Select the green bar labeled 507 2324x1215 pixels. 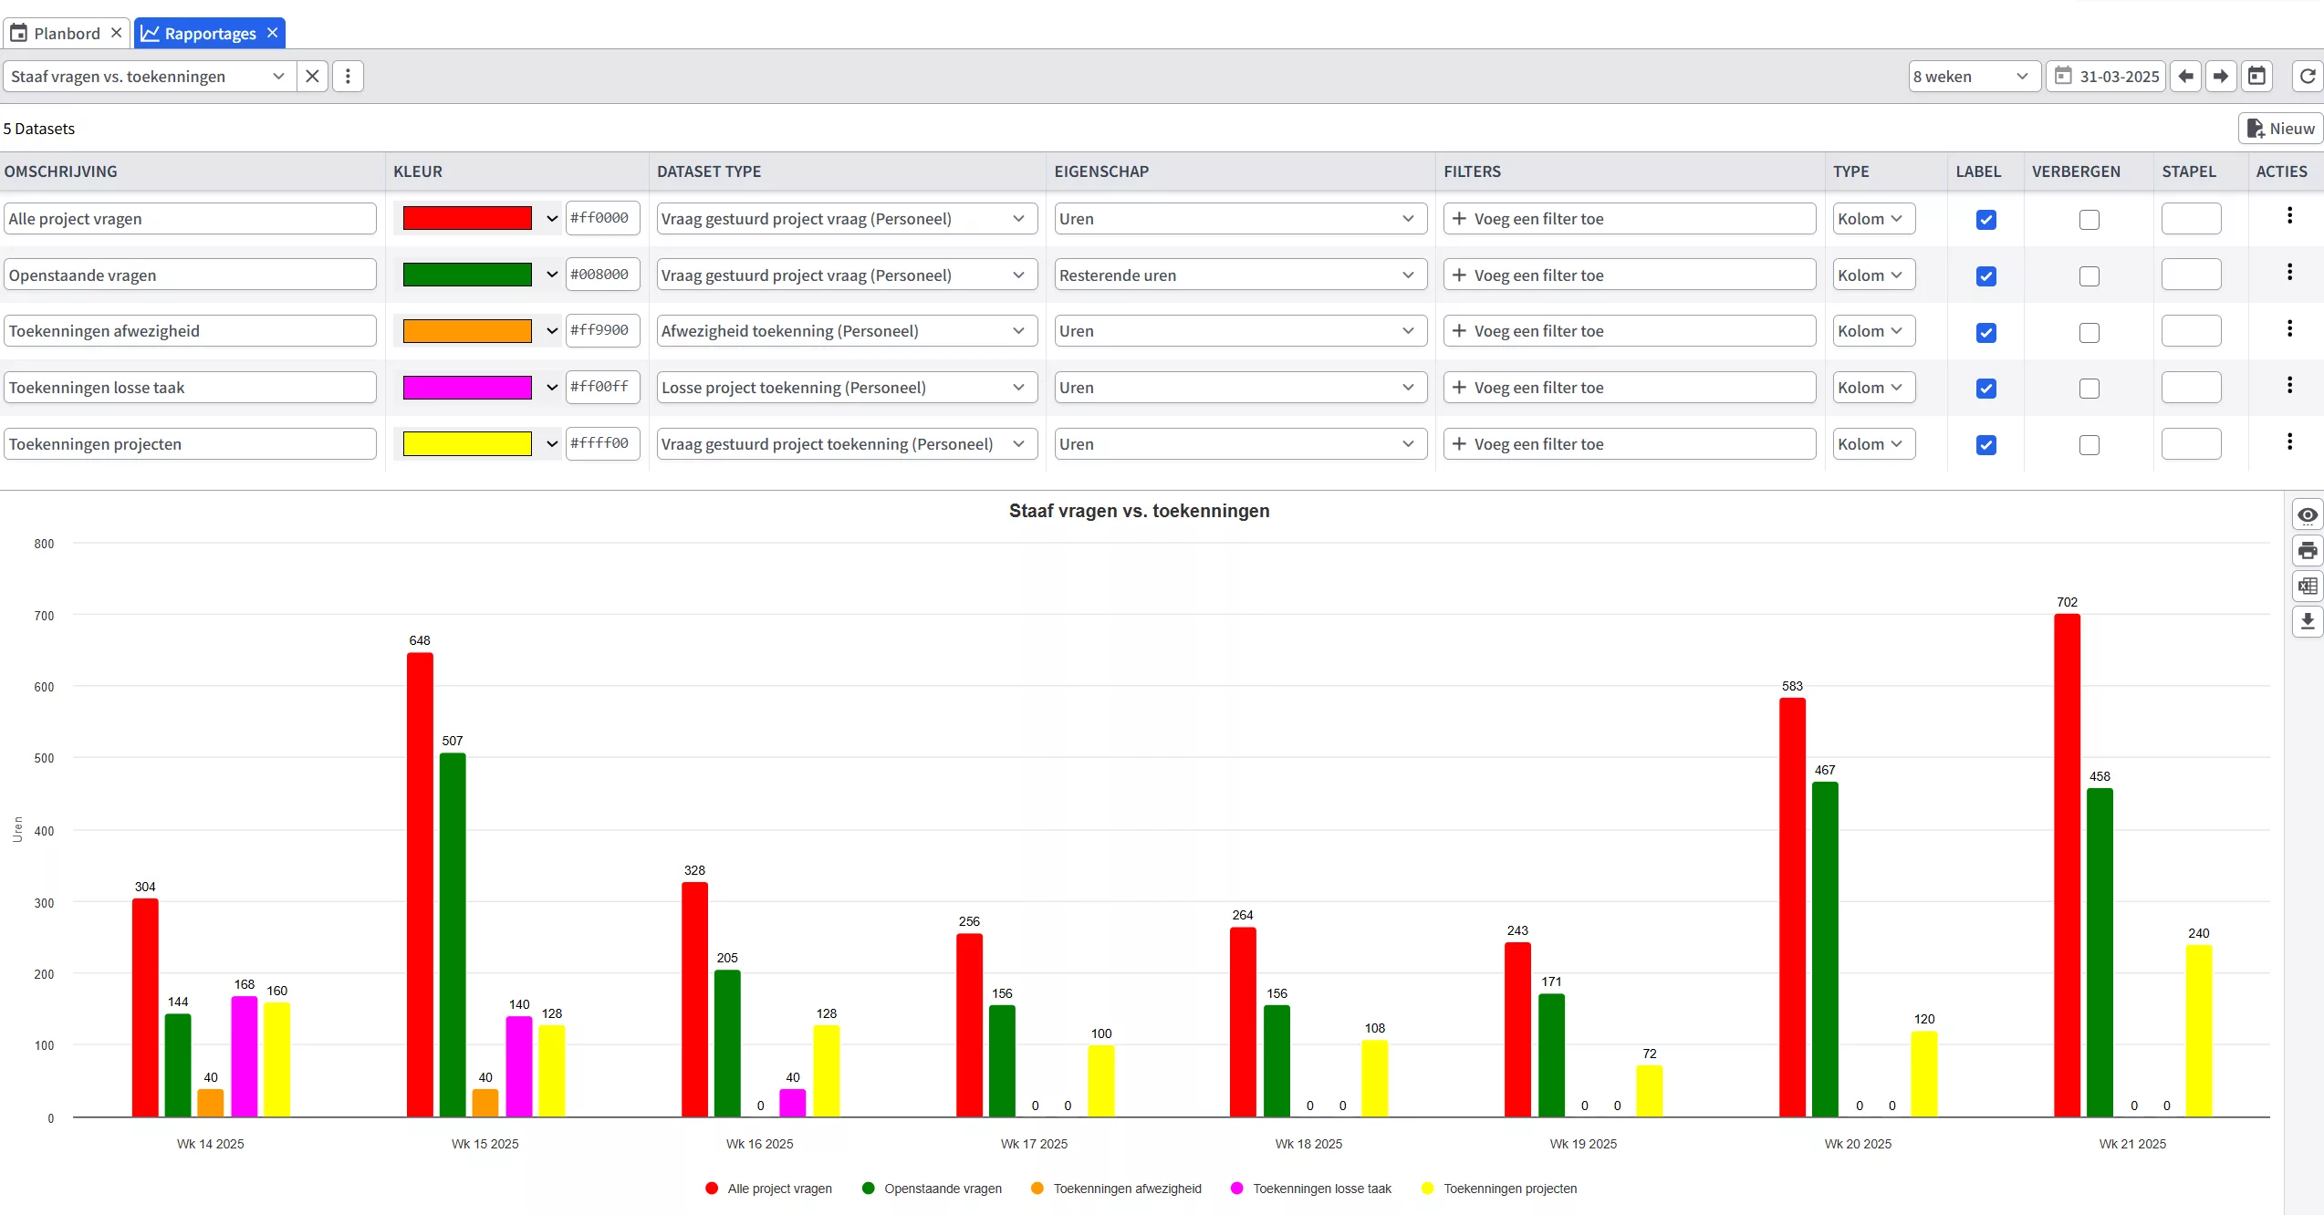click(453, 934)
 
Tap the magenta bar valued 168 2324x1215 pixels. click(245, 1055)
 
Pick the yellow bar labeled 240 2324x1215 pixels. click(2199, 1030)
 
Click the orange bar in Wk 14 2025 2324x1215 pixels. click(211, 1102)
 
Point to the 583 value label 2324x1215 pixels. click(1792, 686)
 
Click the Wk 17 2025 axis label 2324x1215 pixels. click(1034, 1144)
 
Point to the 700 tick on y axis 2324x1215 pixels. click(44, 616)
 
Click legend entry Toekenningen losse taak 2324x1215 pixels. click(1321, 1189)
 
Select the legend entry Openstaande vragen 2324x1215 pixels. click(942, 1189)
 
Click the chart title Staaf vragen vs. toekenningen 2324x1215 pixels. click(1139, 511)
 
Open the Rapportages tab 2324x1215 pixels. click(209, 34)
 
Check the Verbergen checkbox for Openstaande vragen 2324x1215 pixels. click(2089, 275)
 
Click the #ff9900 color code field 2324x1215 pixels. click(601, 330)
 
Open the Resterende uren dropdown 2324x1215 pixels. click(1239, 275)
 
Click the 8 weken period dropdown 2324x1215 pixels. click(1972, 77)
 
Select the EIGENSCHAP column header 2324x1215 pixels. click(1101, 171)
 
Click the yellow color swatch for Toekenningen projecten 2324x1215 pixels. click(467, 444)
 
